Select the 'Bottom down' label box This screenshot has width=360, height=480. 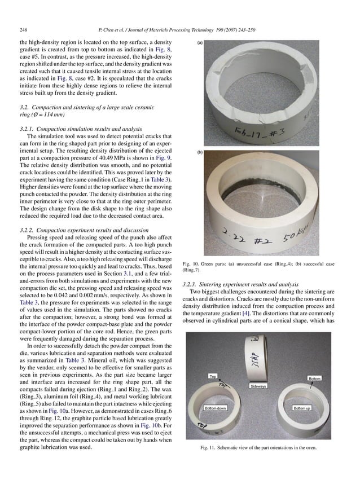tap(216, 408)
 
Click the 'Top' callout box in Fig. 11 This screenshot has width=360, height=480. tap(213, 376)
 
